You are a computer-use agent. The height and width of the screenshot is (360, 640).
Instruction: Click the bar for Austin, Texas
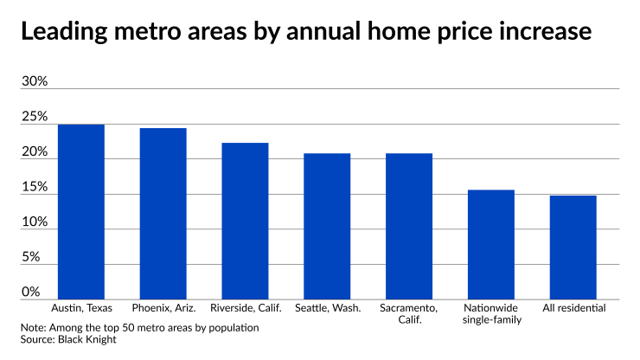81,212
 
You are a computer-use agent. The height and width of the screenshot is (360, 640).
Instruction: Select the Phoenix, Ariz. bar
163,214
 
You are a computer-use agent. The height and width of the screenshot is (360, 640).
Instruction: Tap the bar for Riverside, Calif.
245,221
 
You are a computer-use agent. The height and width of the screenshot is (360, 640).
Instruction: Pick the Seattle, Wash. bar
327,226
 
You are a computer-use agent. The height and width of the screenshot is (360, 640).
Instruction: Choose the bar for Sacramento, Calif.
409,226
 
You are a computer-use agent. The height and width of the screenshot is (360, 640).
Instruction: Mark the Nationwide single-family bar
490,244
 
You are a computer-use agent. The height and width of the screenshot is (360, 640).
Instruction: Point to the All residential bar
573,247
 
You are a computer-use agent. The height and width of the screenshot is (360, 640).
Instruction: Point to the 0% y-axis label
31,292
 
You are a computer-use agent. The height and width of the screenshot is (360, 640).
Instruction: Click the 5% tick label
31,257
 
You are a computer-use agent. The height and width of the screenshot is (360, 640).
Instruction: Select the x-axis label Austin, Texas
81,308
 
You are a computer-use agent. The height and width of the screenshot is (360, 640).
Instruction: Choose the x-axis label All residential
573,308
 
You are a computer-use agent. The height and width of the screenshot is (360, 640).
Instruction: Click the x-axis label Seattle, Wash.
327,308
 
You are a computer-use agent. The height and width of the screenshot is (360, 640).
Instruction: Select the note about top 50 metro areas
139,328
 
